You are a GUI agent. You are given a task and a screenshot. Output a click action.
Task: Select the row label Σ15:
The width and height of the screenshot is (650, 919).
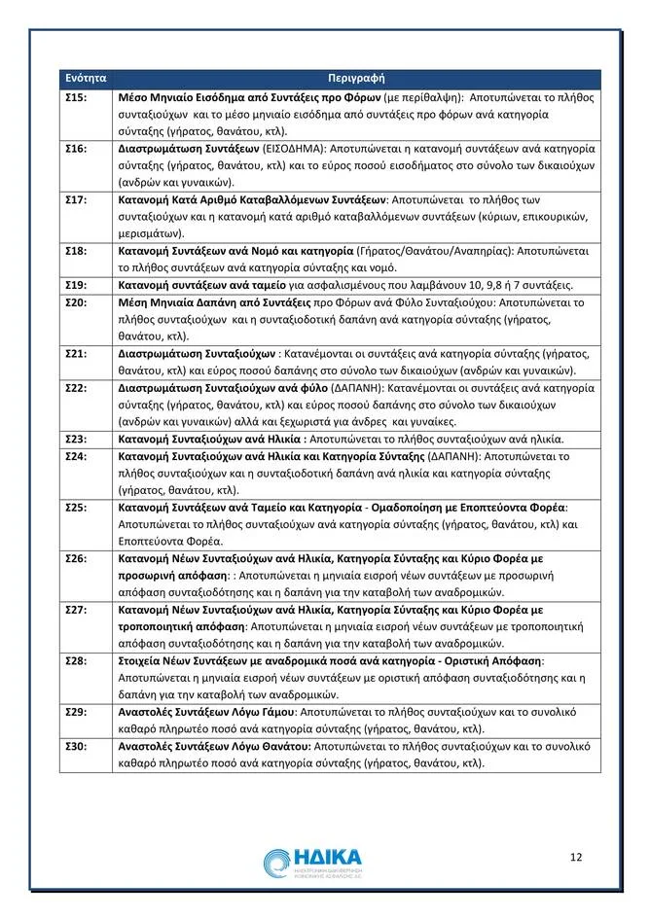76,99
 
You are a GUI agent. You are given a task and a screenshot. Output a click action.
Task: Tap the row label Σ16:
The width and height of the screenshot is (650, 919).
76,150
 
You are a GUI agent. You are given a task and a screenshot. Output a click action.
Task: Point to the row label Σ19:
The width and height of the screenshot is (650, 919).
76,285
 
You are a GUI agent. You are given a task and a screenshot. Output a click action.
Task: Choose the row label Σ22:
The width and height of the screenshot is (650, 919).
76,387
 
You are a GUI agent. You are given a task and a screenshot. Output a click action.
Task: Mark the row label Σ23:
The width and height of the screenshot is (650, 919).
76,438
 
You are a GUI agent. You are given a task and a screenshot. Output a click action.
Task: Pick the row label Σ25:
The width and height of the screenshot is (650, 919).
76,507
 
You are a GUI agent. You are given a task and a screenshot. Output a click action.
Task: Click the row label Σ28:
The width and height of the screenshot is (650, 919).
76,660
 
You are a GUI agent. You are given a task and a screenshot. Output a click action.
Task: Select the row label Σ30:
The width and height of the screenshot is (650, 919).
76,746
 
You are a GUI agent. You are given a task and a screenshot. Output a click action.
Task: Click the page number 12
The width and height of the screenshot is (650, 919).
576,857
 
